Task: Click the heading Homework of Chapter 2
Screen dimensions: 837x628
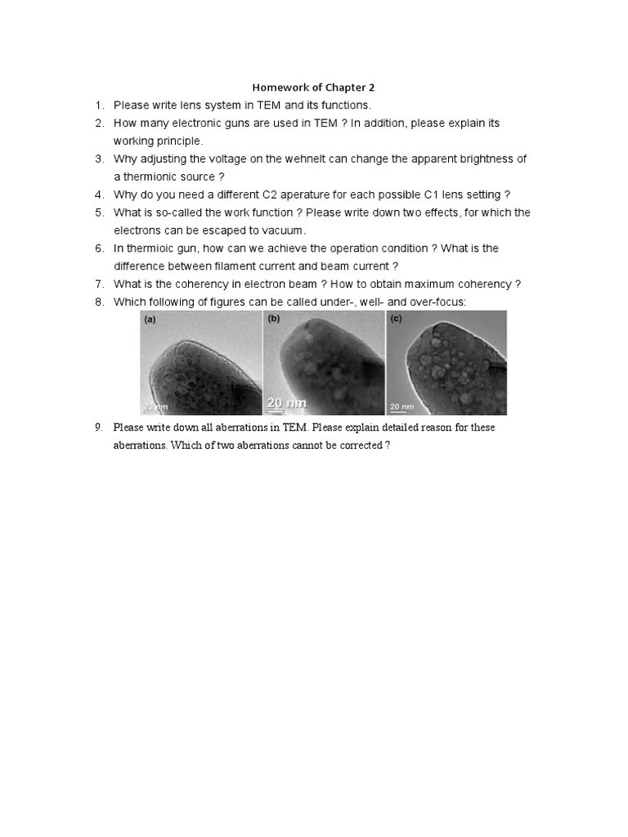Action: point(313,87)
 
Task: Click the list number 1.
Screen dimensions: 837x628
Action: point(98,105)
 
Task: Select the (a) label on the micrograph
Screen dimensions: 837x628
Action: point(150,320)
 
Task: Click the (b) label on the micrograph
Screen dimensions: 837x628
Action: point(274,319)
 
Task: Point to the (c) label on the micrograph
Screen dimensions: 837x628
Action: point(396,320)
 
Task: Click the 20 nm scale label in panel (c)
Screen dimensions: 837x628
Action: point(401,406)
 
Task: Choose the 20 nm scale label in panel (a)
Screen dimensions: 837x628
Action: point(155,406)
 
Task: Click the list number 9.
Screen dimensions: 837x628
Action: point(98,427)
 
